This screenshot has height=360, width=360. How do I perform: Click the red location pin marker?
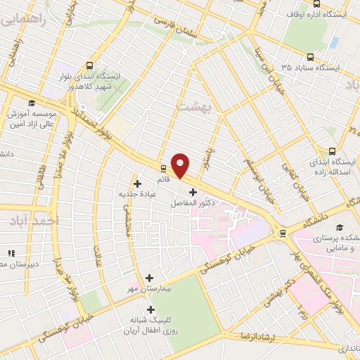[x=181, y=165]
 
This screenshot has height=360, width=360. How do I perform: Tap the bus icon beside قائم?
[x=163, y=169]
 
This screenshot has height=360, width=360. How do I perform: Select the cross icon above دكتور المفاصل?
[x=193, y=192]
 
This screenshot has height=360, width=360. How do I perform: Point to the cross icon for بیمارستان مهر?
[x=149, y=278]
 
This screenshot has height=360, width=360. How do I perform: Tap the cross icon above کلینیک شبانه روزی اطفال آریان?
[x=150, y=309]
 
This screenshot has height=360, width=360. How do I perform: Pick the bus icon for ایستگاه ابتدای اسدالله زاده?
[x=333, y=151]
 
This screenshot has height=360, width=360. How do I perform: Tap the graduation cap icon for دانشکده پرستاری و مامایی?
[x=340, y=228]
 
